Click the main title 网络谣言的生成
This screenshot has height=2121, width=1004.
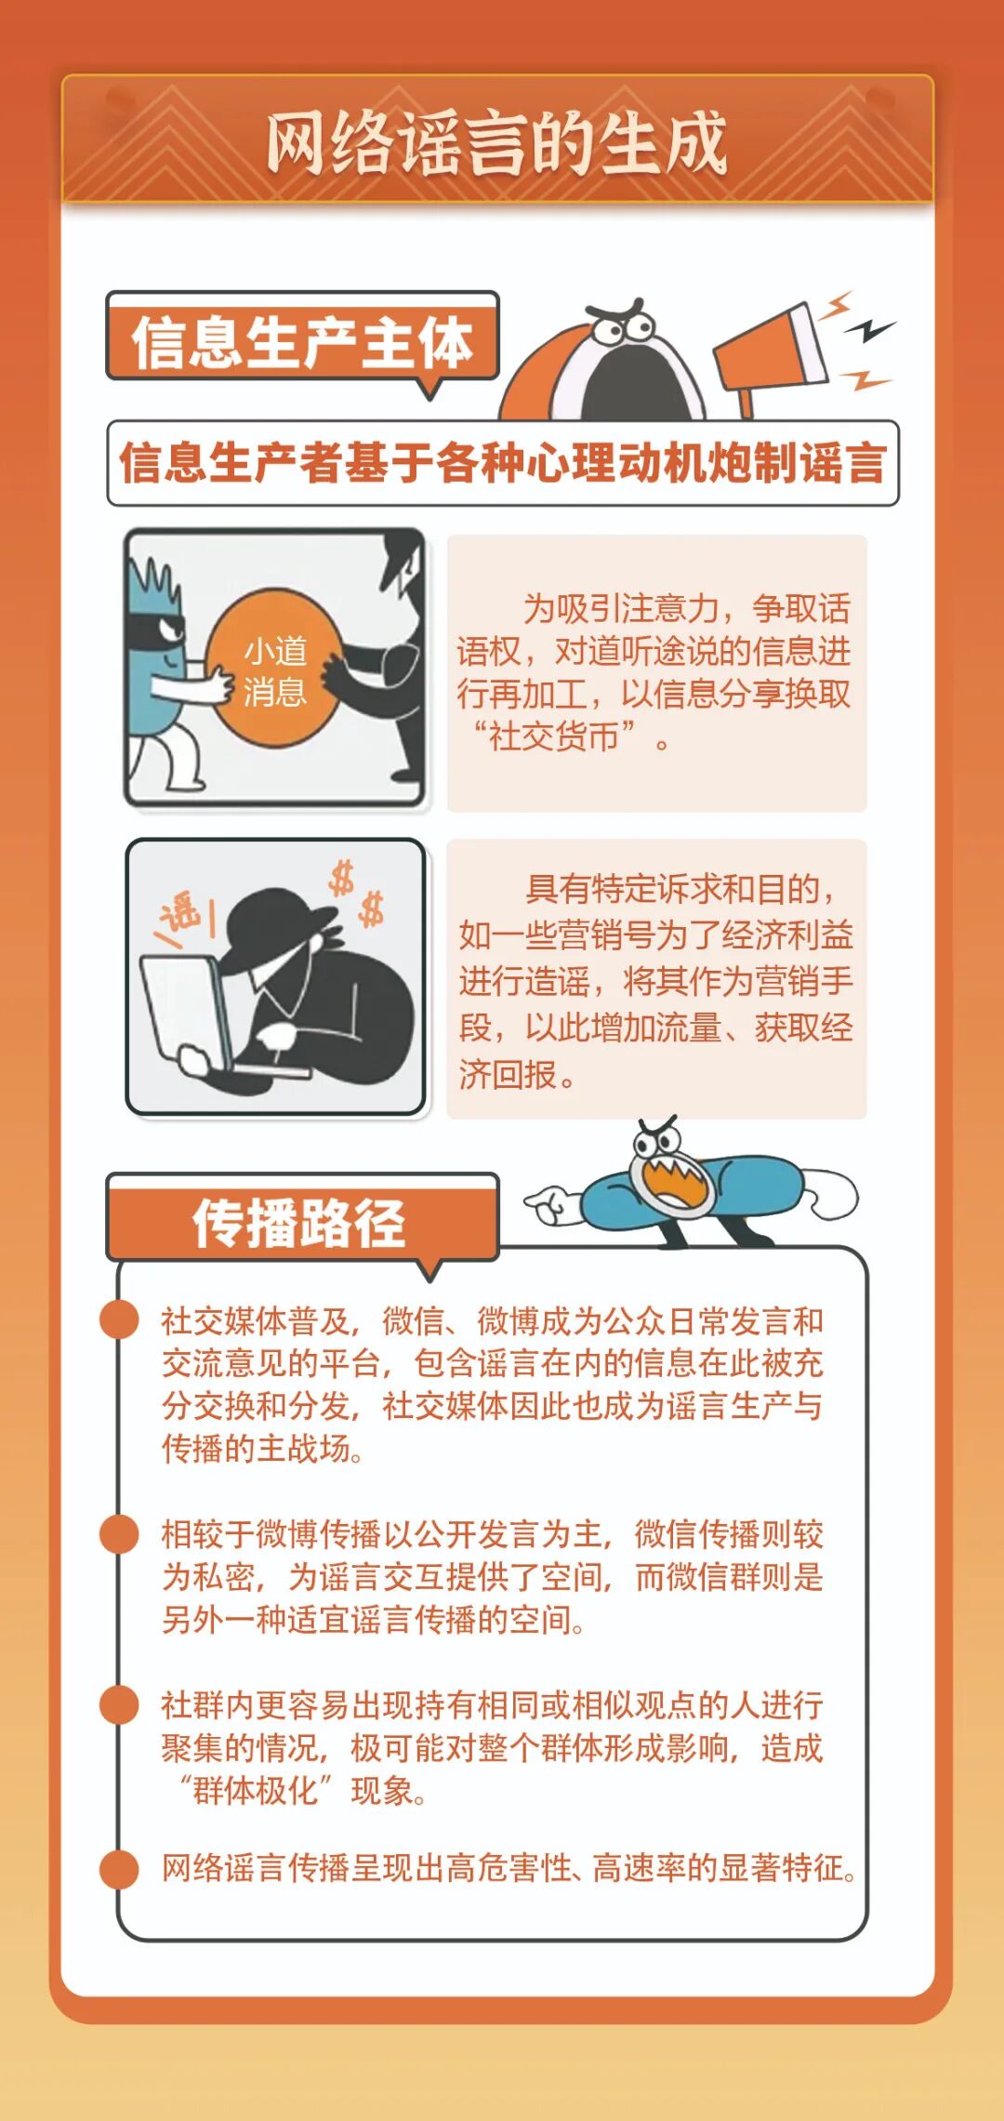point(496,142)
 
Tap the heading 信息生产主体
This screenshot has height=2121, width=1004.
point(302,341)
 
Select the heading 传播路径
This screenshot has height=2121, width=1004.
point(299,1222)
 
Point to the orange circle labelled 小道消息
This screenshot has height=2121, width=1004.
point(274,668)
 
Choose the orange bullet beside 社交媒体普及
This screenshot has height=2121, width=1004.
point(120,1319)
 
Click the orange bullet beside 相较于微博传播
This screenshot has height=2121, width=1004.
point(120,1533)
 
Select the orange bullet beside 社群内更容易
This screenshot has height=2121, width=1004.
point(120,1704)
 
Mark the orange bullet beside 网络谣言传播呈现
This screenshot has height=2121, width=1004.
point(120,1868)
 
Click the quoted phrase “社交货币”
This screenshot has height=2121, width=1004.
point(556,737)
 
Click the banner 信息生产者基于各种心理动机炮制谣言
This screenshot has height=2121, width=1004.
point(503,463)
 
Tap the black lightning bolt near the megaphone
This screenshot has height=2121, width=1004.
point(874,329)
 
